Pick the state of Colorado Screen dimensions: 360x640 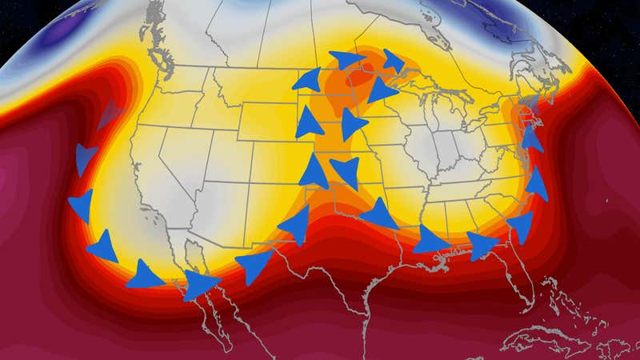click(256, 172)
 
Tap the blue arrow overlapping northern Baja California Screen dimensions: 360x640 click(200, 284)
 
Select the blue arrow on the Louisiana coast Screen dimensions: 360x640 click(430, 240)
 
